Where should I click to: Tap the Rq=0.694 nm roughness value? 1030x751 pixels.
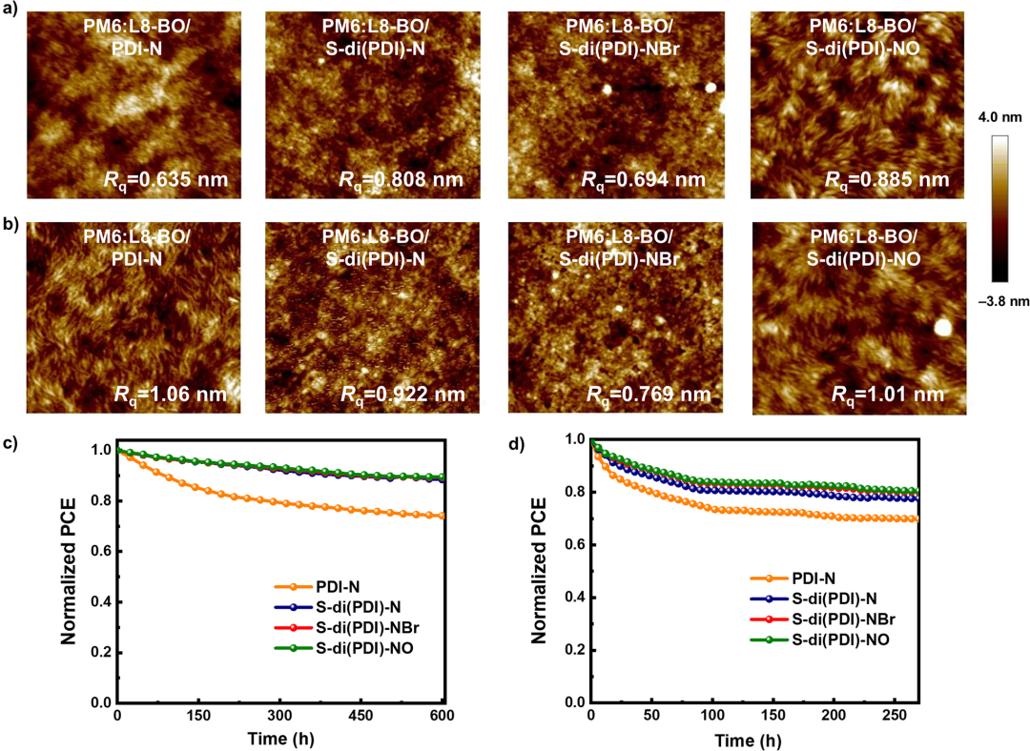point(646,180)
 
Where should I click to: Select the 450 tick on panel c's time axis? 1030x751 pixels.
point(362,715)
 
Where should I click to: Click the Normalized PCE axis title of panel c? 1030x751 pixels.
point(70,570)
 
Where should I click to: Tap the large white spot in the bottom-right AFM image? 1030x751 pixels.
point(943,327)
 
